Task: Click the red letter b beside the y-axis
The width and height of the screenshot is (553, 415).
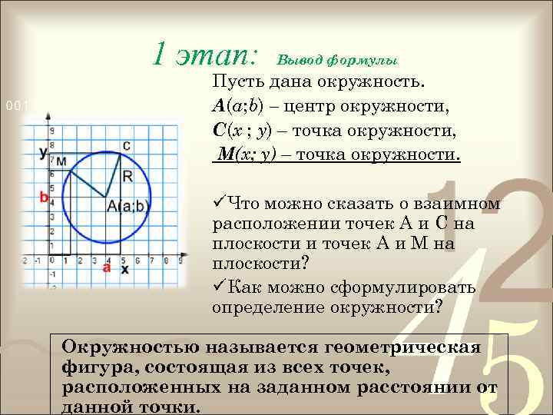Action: (44, 198)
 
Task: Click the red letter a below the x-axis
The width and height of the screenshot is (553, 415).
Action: (106, 268)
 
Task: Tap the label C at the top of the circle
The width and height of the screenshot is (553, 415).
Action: (126, 145)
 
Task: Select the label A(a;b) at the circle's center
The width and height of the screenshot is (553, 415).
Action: (128, 205)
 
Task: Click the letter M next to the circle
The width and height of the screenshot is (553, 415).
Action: (61, 161)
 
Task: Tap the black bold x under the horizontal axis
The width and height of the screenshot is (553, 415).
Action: (124, 270)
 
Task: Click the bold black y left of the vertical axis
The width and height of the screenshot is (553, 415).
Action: (42, 151)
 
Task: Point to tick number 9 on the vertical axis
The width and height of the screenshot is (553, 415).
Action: (52, 131)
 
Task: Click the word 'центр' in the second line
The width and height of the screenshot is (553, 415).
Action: (326, 106)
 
